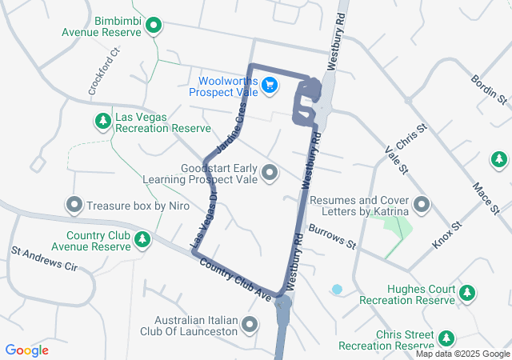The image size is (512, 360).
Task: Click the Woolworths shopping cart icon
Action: [x=270, y=84]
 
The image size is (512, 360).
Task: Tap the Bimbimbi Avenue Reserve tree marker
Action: [x=151, y=25]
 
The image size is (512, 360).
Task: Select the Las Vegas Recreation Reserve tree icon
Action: [x=102, y=121]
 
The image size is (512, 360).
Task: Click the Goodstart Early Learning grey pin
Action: [x=270, y=172]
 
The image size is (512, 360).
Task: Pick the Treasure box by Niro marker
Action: [x=74, y=205]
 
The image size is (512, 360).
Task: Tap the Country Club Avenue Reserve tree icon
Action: [x=142, y=239]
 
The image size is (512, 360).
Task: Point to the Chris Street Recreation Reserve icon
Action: [x=446, y=338]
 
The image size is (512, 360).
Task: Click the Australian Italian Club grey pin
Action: [x=250, y=324]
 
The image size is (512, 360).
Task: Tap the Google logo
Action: [x=27, y=350]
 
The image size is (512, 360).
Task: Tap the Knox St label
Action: [x=447, y=234]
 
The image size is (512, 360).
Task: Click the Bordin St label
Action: [x=490, y=90]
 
